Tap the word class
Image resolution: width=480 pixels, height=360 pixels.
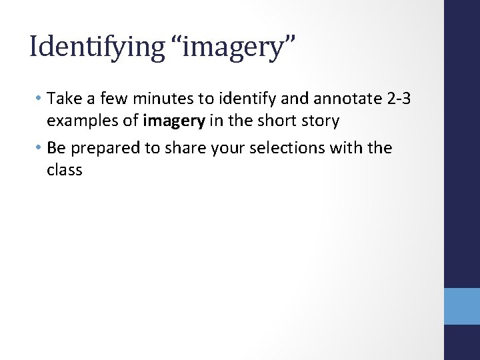click(64, 169)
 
